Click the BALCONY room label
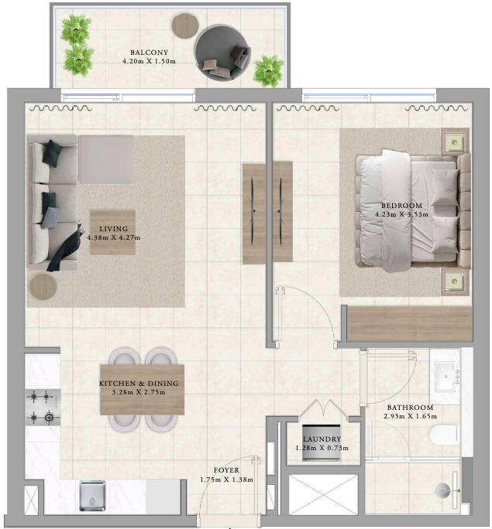point(149,53)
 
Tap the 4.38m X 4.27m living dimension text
point(114,237)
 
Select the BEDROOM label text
point(402,206)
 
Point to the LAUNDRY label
point(322,439)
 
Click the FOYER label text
point(226,470)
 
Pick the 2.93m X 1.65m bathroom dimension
point(410,416)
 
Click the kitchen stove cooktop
point(43,408)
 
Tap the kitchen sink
point(92,496)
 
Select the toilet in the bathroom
point(446,435)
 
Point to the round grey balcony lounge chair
point(223,53)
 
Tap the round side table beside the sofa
point(43,287)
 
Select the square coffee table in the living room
point(112,233)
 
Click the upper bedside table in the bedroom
point(455,142)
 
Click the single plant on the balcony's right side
point(268,71)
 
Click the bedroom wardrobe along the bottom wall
point(410,323)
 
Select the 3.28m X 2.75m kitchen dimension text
point(139,392)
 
